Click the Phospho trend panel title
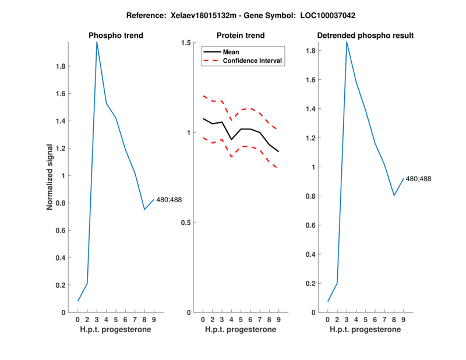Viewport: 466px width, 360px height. click(x=115, y=36)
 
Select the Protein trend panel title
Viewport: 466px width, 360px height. click(x=240, y=36)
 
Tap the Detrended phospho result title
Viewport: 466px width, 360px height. click(x=365, y=36)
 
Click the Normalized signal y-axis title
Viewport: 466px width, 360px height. click(x=51, y=177)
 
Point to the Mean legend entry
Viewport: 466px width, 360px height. click(x=231, y=52)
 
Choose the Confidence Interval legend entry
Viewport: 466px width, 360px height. click(x=252, y=61)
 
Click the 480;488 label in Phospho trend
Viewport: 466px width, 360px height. click(x=169, y=200)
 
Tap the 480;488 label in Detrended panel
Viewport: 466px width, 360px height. click(x=418, y=179)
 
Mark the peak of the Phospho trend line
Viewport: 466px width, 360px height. click(x=97, y=42)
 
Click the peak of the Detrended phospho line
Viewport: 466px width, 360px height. click(x=347, y=42)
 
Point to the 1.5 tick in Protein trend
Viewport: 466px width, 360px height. click(x=186, y=43)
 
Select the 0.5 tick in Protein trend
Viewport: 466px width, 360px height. click(x=186, y=223)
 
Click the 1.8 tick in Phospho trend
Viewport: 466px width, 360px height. click(x=62, y=66)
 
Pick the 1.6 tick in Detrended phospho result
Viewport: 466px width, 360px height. click(x=312, y=80)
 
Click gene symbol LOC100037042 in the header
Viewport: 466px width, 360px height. click(x=336, y=15)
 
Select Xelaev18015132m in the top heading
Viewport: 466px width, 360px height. click(x=200, y=15)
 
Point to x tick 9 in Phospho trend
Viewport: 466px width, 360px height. click(x=154, y=320)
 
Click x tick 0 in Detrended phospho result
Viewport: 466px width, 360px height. click(x=328, y=320)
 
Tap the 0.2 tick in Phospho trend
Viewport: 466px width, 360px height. click(x=62, y=285)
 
